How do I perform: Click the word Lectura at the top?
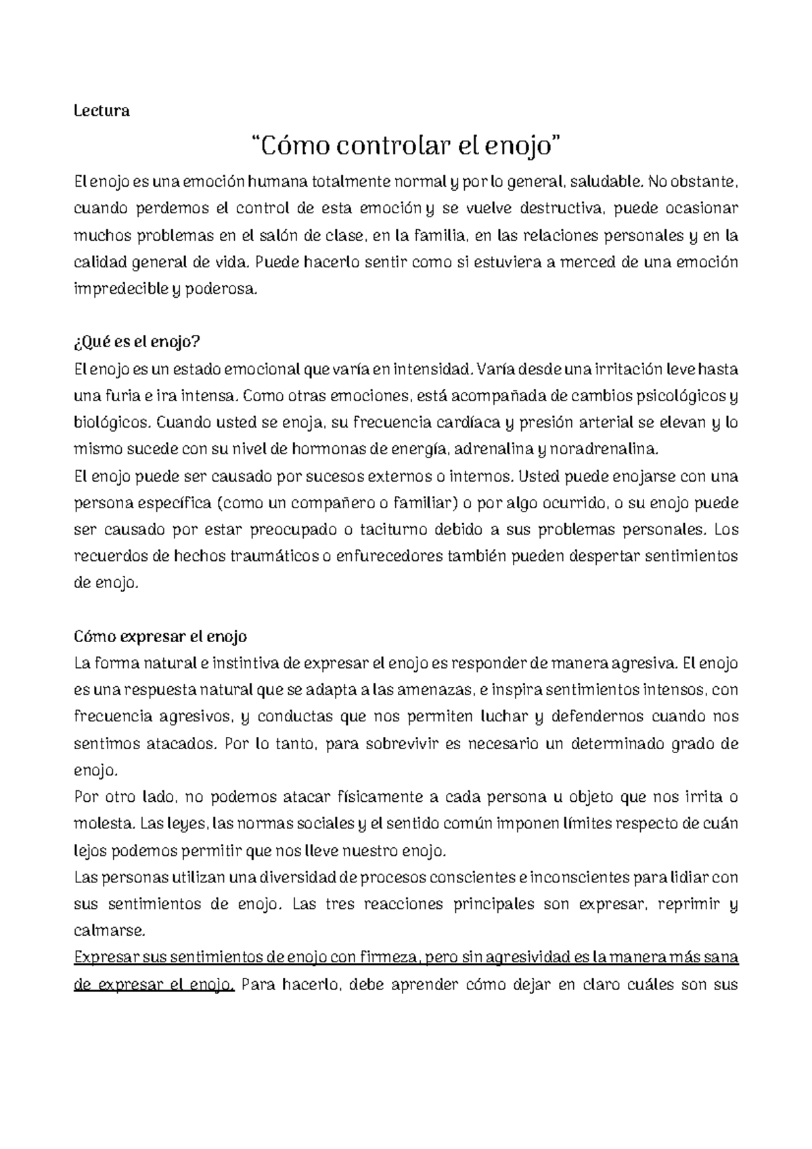pyautogui.click(x=101, y=111)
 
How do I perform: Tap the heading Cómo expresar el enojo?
pyautogui.click(x=160, y=637)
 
